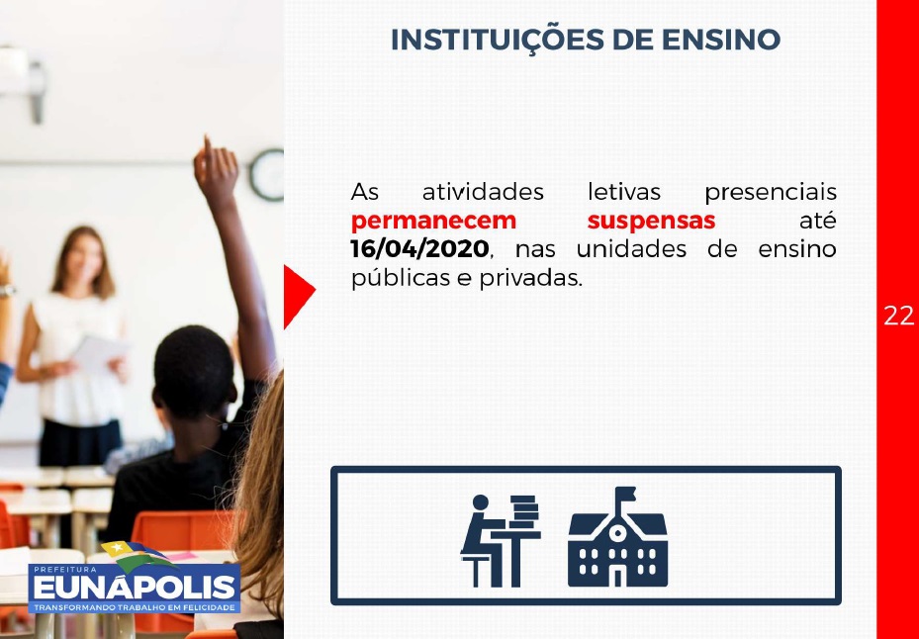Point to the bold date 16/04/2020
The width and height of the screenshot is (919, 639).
[419, 248]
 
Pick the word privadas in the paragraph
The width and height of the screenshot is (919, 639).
[531, 277]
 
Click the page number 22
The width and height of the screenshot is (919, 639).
[898, 316]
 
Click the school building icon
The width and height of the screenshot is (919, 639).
[617, 537]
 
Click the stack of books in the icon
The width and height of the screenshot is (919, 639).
[524, 511]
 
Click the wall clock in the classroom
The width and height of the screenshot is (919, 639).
[267, 175]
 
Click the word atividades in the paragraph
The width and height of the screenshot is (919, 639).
[483, 192]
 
